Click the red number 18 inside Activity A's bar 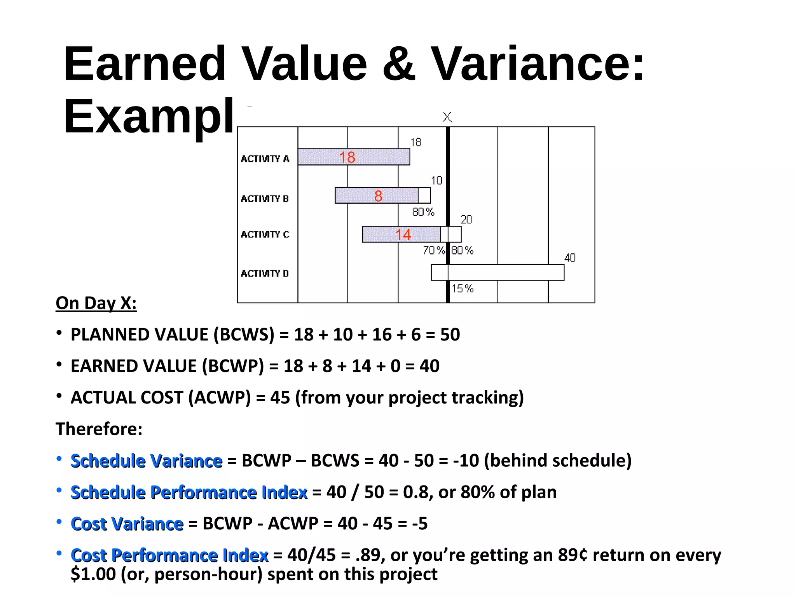[347, 157]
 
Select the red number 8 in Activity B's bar [378, 196]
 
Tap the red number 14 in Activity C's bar [403, 235]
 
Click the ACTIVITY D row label [265, 274]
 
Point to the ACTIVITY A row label [265, 159]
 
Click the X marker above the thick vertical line [447, 117]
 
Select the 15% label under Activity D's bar [463, 288]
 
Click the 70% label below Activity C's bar [434, 250]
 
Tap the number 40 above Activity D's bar [570, 258]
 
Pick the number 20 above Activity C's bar [466, 220]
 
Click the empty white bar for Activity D [505, 272]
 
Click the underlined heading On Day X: [96, 303]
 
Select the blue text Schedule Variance [147, 461]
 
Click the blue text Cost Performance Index [169, 555]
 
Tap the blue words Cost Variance [127, 524]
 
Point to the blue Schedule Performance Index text [189, 492]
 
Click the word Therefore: [99, 429]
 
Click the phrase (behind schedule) [558, 461]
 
